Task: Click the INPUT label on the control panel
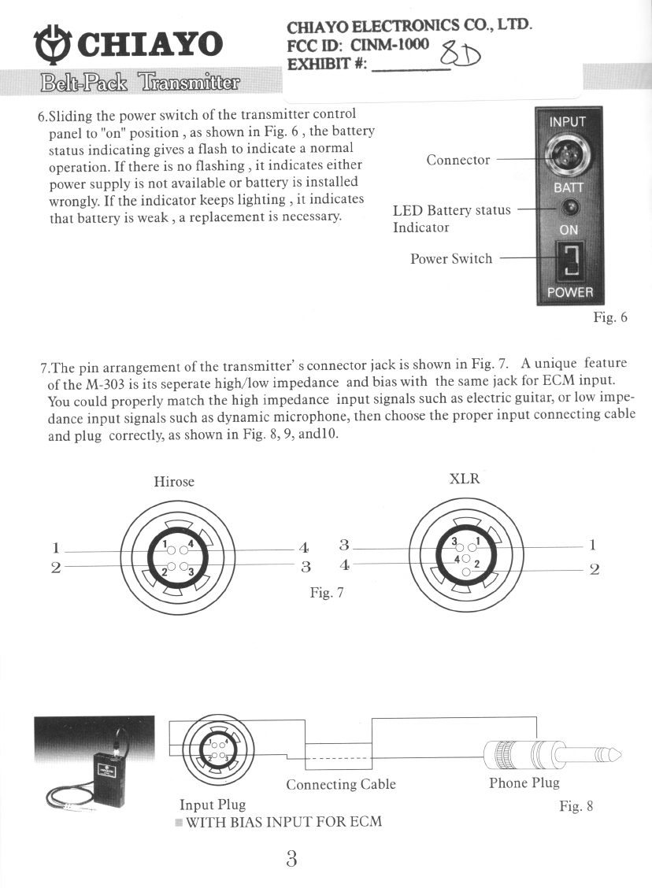[x=567, y=121]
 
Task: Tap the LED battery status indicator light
[x=570, y=208]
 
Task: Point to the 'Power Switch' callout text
[x=450, y=258]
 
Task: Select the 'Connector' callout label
[x=458, y=160]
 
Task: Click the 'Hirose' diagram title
[x=174, y=481]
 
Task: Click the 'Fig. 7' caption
[x=327, y=592]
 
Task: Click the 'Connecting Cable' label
[x=340, y=784]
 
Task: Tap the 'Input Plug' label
[x=213, y=804]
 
